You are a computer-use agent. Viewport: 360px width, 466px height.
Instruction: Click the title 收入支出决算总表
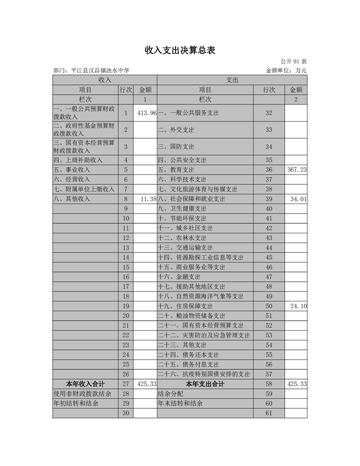point(179,50)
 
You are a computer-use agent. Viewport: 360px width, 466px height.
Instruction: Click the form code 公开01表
point(293,61)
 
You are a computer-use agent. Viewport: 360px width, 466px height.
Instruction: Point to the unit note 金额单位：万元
point(286,70)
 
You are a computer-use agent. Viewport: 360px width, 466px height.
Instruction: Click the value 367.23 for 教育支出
point(297,170)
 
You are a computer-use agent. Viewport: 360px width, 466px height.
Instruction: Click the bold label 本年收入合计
point(85,383)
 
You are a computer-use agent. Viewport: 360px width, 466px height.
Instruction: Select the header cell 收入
point(105,80)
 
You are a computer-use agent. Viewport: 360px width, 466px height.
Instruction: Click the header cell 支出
point(232,80)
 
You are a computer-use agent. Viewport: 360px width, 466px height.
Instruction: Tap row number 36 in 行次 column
point(269,170)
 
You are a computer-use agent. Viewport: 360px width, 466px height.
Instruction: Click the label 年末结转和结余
point(181,403)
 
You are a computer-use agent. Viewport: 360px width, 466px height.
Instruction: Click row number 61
point(269,413)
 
